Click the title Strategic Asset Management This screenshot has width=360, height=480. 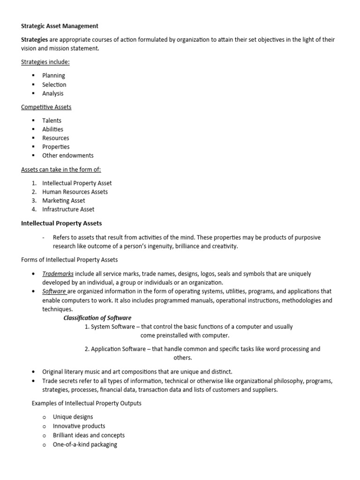click(60, 26)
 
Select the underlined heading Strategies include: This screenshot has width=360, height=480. click(45, 62)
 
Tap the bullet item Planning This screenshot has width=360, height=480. click(53, 75)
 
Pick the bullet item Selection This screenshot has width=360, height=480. click(54, 84)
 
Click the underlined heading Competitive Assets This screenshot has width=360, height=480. click(46, 107)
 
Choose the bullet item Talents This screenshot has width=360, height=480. click(52, 120)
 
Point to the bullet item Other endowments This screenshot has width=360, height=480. click(67, 155)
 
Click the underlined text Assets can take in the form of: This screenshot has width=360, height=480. click(61, 169)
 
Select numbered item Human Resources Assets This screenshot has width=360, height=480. click(75, 192)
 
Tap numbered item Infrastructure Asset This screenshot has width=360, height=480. click(68, 209)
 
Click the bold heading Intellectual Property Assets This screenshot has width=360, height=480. click(61, 223)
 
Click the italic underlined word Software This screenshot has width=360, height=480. click(54, 291)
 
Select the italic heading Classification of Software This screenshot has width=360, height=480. click(97, 318)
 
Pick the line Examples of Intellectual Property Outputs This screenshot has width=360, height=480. click(86, 403)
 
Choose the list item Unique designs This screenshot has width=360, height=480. click(73, 417)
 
